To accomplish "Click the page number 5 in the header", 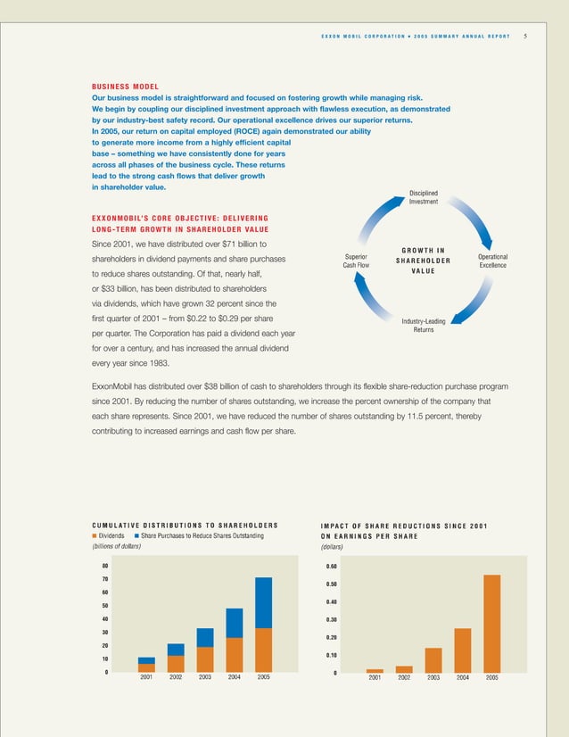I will coord(525,36).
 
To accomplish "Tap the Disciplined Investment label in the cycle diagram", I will coord(423,197).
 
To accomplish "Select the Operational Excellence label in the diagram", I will coord(492,261).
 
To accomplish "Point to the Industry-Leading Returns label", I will coord(424,326).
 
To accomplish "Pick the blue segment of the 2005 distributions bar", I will coord(263,602).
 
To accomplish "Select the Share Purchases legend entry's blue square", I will coord(136,535).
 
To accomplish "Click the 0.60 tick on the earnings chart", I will coord(331,566).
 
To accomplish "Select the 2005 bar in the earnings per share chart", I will coord(491,623).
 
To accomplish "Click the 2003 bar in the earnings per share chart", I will coord(433,659).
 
